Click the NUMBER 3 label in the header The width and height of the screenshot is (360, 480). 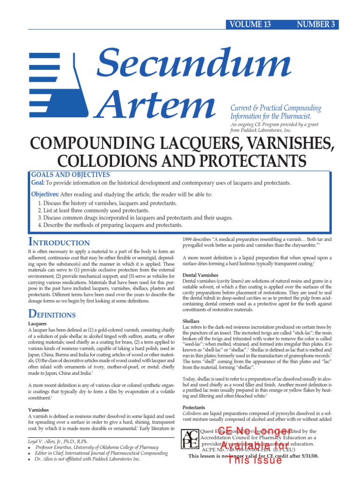[x=316, y=25]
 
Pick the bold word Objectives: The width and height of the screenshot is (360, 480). [x=45, y=194]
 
